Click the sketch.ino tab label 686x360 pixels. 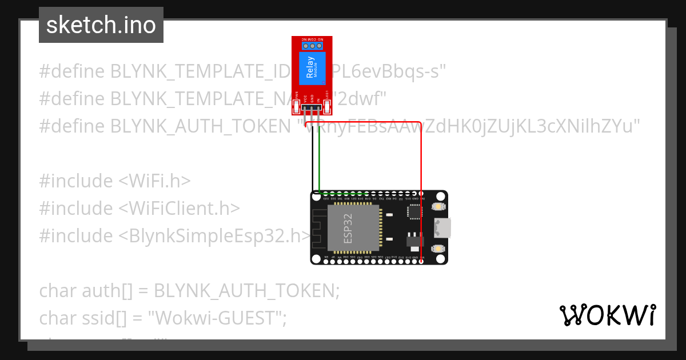pos(101,25)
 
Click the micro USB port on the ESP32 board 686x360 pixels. pos(441,227)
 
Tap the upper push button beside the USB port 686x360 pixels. pos(438,206)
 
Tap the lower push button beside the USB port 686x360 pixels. pos(438,249)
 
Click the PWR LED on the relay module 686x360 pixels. pos(296,106)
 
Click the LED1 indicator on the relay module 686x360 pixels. pos(328,106)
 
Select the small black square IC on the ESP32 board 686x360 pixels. pos(413,211)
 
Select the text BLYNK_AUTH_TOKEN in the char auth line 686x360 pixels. pos(243,290)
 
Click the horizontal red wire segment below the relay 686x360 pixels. pos(366,122)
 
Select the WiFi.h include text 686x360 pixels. pos(154,181)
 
